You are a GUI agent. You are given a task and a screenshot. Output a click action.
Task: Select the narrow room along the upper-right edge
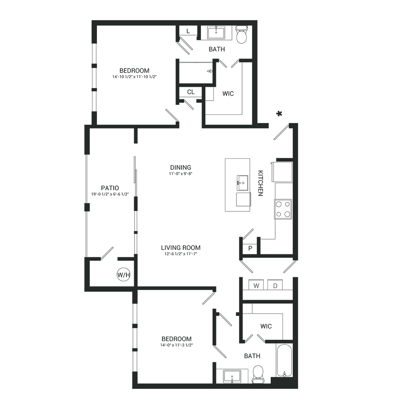pyautogui.click(x=277, y=74)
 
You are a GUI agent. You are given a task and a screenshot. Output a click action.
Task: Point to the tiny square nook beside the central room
pyautogui.click(x=249, y=245)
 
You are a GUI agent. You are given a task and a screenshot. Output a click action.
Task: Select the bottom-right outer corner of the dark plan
pyautogui.click(x=298, y=388)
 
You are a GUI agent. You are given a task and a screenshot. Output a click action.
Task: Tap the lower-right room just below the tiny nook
pyautogui.click(x=268, y=278)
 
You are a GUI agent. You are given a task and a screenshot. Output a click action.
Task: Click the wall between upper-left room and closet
pyautogui.click(x=178, y=74)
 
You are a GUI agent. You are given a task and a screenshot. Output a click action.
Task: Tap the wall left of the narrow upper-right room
pyautogui.click(x=257, y=74)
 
